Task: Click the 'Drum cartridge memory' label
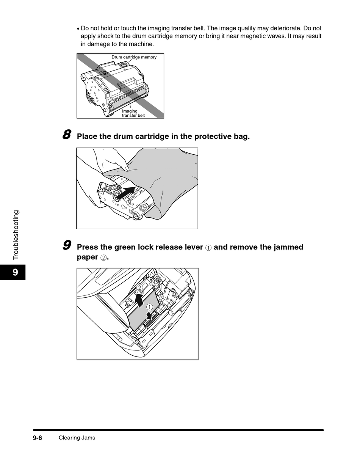[134, 57]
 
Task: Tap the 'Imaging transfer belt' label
[133, 113]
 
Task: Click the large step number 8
[67, 135]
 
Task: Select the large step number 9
[67, 245]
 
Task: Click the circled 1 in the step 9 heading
[208, 248]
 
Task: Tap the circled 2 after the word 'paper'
[103, 257]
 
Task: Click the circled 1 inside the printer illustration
[149, 307]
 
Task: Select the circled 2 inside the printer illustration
[139, 288]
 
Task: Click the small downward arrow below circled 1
[150, 315]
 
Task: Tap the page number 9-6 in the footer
[37, 438]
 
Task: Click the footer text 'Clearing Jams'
[77, 438]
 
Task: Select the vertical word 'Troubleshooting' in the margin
[16, 235]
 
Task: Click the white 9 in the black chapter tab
[15, 272]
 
